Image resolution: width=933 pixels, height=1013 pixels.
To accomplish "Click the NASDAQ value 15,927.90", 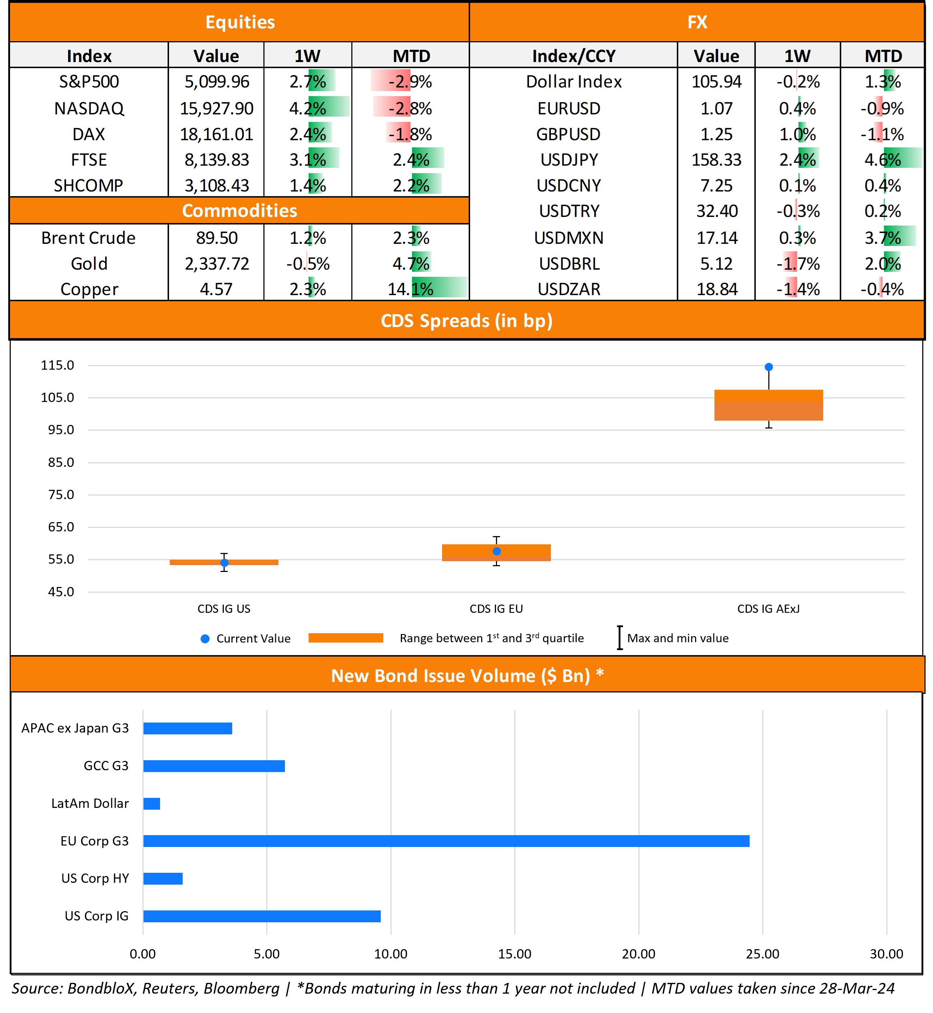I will pyautogui.click(x=217, y=108).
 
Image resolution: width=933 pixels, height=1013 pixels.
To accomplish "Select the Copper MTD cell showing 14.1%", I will pyautogui.click(x=411, y=289).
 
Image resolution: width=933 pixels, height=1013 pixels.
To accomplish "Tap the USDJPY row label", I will pyautogui.click(x=569, y=160).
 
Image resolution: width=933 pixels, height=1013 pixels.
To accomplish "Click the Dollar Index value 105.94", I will pyautogui.click(x=716, y=82).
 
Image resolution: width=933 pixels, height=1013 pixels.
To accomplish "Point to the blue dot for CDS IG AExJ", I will pyautogui.click(x=768, y=367).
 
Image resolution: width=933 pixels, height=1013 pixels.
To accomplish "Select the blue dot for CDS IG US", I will pyautogui.click(x=224, y=563).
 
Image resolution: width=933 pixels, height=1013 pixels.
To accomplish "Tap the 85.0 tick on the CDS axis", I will pyautogui.click(x=61, y=462).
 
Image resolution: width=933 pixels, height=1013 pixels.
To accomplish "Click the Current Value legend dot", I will pyautogui.click(x=205, y=639).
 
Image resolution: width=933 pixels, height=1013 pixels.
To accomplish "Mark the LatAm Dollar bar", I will pyautogui.click(x=151, y=804).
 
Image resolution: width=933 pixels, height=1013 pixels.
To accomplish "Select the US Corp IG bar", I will pyautogui.click(x=262, y=916).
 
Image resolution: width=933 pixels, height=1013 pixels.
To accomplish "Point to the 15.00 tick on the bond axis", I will pyautogui.click(x=515, y=954).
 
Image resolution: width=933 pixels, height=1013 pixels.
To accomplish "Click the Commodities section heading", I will pyautogui.click(x=239, y=211).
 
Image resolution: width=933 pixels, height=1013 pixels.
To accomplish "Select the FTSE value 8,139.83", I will pyautogui.click(x=217, y=160).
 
